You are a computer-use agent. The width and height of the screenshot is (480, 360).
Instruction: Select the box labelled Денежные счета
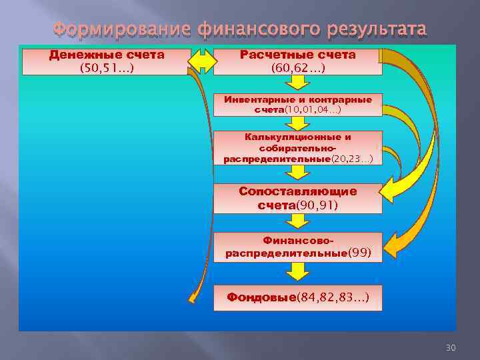pyautogui.click(x=107, y=61)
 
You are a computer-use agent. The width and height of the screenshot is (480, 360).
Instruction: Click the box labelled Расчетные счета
pyautogui.click(x=297, y=61)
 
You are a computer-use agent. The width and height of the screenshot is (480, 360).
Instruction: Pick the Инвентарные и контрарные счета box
pyautogui.click(x=297, y=105)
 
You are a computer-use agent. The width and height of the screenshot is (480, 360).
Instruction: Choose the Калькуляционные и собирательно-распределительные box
pyautogui.click(x=297, y=147)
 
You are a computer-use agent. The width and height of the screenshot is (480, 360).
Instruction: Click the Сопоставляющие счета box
pyautogui.click(x=297, y=198)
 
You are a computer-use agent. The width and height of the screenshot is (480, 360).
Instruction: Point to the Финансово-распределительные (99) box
pyautogui.click(x=297, y=247)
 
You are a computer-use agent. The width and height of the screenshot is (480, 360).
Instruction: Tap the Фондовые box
pyautogui.click(x=297, y=297)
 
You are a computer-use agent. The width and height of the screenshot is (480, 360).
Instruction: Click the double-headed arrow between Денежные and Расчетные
pyautogui.click(x=202, y=61)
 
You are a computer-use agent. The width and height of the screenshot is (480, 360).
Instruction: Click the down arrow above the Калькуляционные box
pyautogui.click(x=297, y=124)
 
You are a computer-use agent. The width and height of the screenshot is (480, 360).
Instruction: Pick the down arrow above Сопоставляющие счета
pyautogui.click(x=297, y=173)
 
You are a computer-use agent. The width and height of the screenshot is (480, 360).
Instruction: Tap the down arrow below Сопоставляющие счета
pyautogui.click(x=297, y=223)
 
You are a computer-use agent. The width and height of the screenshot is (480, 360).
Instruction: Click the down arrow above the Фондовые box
pyautogui.click(x=297, y=271)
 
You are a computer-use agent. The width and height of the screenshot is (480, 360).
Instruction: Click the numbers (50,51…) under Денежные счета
pyautogui.click(x=107, y=68)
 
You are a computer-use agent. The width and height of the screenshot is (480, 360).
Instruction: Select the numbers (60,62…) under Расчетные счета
pyautogui.click(x=297, y=68)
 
